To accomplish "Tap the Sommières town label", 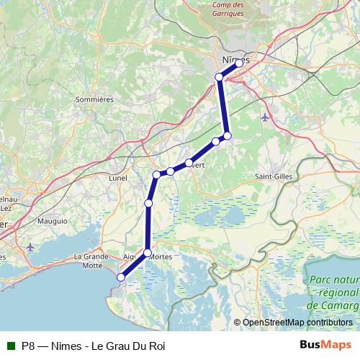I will pyautogui.click(x=95, y=99).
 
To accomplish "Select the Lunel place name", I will pyautogui.click(x=117, y=178).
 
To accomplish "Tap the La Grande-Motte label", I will pyautogui.click(x=91, y=260).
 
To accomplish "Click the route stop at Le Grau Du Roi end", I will pyautogui.click(x=121, y=277).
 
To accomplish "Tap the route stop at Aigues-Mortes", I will pyautogui.click(x=148, y=253).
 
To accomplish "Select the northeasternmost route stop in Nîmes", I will pyautogui.click(x=240, y=63).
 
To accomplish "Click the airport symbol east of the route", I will pyautogui.click(x=265, y=117).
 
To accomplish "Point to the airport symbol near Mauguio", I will pyautogui.click(x=30, y=247).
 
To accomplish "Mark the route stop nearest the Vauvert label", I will pyautogui.click(x=189, y=163).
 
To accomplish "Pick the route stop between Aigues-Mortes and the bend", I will pyautogui.click(x=148, y=204).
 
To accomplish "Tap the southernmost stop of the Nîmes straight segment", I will pyautogui.click(x=227, y=135).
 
